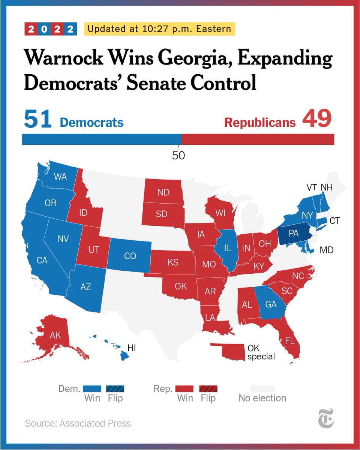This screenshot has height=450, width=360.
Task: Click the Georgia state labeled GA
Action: point(270,304)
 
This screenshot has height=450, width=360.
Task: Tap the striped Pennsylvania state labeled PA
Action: point(293,233)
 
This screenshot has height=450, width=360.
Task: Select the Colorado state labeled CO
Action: point(130,256)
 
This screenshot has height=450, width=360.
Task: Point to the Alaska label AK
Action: point(55,335)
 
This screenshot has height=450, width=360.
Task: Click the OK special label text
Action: point(261,352)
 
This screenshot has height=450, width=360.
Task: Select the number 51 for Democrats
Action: point(37,120)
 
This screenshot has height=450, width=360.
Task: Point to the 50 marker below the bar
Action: point(178,155)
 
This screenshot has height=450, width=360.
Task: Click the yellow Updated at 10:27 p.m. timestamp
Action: point(160,28)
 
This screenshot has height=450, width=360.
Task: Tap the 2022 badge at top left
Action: point(51,29)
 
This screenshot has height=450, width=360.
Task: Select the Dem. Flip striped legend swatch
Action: point(115,388)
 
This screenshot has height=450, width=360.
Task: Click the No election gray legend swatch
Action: point(262,388)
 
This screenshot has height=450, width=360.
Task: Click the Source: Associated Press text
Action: point(78,423)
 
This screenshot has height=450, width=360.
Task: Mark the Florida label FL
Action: point(289,341)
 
